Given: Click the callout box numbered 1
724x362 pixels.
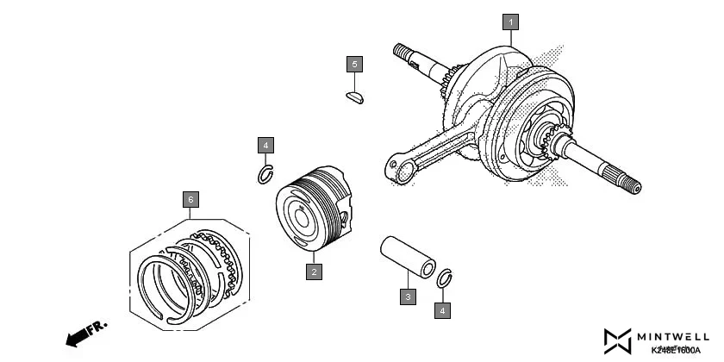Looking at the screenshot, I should pyautogui.click(x=510, y=22).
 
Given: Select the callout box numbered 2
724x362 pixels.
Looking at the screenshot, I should pyautogui.click(x=315, y=271).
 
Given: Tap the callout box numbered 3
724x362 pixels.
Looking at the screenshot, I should pyautogui.click(x=408, y=296).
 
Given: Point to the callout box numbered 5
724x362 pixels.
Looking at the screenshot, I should pyautogui.click(x=354, y=65).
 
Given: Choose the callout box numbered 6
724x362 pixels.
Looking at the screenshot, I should pyautogui.click(x=190, y=200).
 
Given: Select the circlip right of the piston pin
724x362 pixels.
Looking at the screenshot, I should pyautogui.click(x=445, y=278).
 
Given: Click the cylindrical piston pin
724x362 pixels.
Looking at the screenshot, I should pyautogui.click(x=409, y=257).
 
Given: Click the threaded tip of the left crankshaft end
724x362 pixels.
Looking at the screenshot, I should pyautogui.click(x=403, y=51).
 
